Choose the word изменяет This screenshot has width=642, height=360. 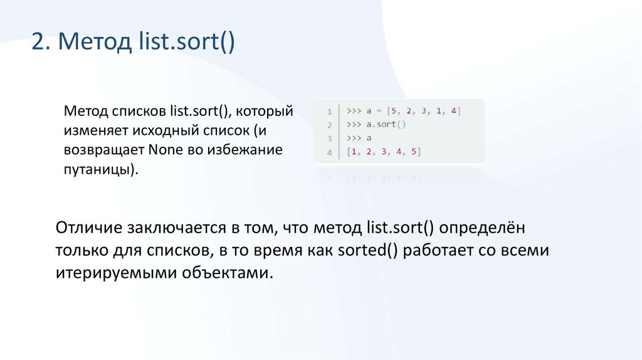(93, 130)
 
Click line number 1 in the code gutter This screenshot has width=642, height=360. (329, 112)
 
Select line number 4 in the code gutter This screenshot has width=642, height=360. (329, 152)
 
